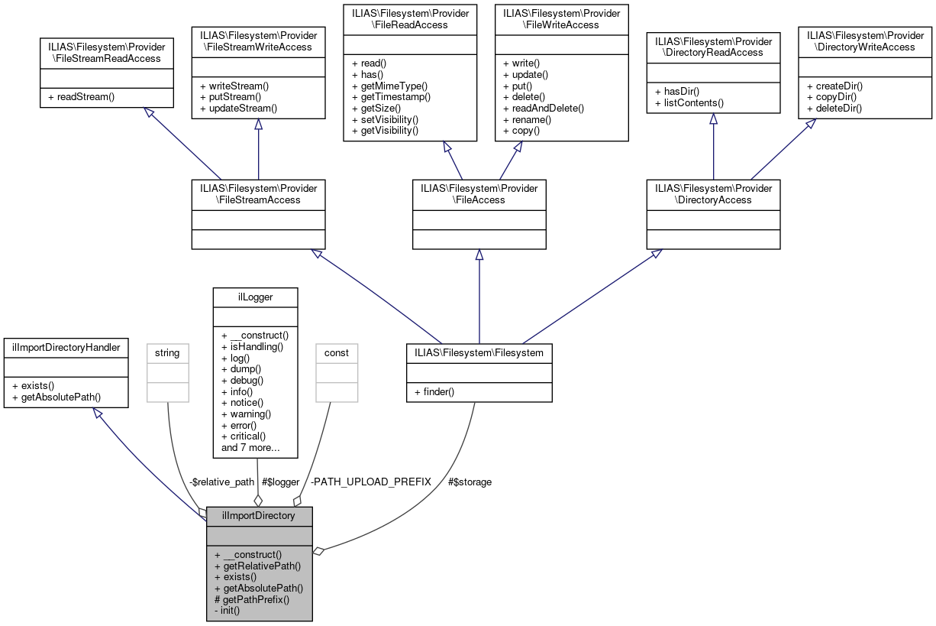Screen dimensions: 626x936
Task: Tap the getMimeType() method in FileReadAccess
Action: tap(389, 86)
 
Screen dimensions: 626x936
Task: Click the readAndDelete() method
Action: tap(544, 109)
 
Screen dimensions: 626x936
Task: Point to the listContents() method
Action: tap(689, 102)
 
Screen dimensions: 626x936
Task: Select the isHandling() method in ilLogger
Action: tap(253, 346)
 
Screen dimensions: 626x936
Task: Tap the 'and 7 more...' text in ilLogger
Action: tap(250, 447)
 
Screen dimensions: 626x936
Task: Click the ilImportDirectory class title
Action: tap(259, 515)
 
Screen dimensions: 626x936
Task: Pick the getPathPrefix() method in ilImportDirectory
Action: tap(252, 599)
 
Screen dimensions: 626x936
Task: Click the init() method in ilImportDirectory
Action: tap(228, 610)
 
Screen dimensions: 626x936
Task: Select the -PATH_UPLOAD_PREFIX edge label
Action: tap(371, 482)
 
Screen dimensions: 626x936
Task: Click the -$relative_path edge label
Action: tap(221, 482)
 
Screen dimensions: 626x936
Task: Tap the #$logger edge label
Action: tap(281, 482)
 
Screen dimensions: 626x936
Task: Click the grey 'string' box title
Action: tap(167, 352)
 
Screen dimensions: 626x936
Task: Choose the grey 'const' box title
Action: tap(337, 352)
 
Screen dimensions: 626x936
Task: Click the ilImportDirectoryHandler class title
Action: tap(66, 347)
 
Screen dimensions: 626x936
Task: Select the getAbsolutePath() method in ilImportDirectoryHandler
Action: tap(56, 397)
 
